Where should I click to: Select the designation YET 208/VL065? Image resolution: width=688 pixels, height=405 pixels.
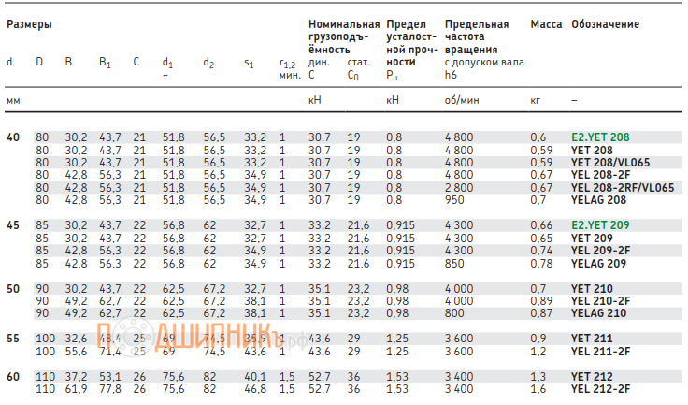tap(610, 162)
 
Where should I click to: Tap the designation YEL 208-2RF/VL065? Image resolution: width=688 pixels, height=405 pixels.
tap(622, 187)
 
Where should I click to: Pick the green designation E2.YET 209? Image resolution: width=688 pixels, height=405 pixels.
tap(600, 226)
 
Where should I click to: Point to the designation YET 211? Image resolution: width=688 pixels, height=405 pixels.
tap(591, 338)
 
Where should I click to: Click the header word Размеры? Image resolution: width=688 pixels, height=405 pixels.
tap(29, 24)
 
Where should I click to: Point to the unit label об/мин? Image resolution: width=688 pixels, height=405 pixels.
tap(462, 98)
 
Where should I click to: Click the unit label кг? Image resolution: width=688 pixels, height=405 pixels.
tap(536, 98)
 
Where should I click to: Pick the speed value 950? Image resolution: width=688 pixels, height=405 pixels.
tap(455, 199)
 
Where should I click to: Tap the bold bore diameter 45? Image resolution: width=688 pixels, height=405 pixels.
tap(12, 226)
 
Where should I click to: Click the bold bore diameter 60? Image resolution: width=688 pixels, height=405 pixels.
tap(12, 376)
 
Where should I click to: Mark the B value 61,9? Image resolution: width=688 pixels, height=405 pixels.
tap(76, 388)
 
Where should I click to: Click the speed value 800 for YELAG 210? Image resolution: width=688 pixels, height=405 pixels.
tap(455, 313)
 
